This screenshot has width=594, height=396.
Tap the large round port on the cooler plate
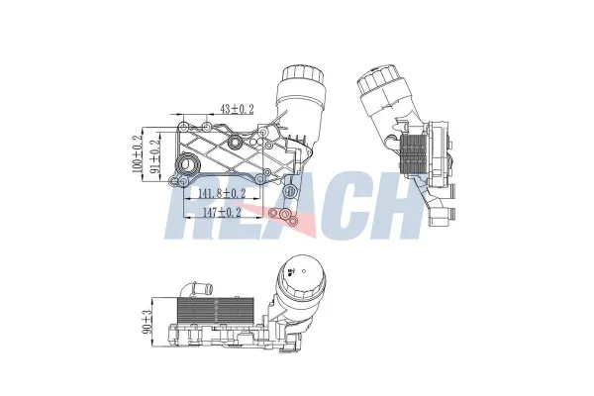coord(236,148)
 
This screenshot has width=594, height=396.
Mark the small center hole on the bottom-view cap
coord(290,269)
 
